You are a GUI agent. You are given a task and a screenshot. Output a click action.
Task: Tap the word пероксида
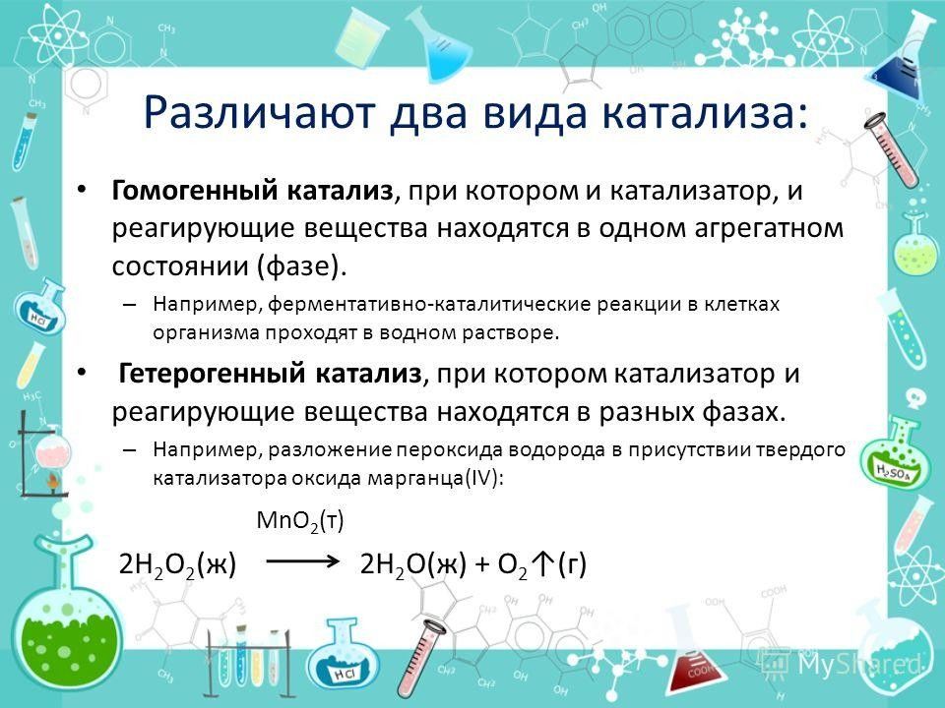pyautogui.click(x=457, y=449)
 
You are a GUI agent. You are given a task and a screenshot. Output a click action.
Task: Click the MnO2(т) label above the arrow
pyautogui.click(x=300, y=520)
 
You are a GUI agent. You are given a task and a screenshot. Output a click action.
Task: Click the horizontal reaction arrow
pyautogui.click(x=303, y=561)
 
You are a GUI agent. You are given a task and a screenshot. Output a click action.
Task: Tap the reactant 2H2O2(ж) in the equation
pyautogui.click(x=178, y=564)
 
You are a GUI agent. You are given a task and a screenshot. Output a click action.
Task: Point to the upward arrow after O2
pyautogui.click(x=543, y=563)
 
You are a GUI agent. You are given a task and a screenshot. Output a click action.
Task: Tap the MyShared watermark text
pyautogui.click(x=860, y=664)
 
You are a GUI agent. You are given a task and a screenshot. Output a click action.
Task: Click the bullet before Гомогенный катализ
pyautogui.click(x=82, y=191)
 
